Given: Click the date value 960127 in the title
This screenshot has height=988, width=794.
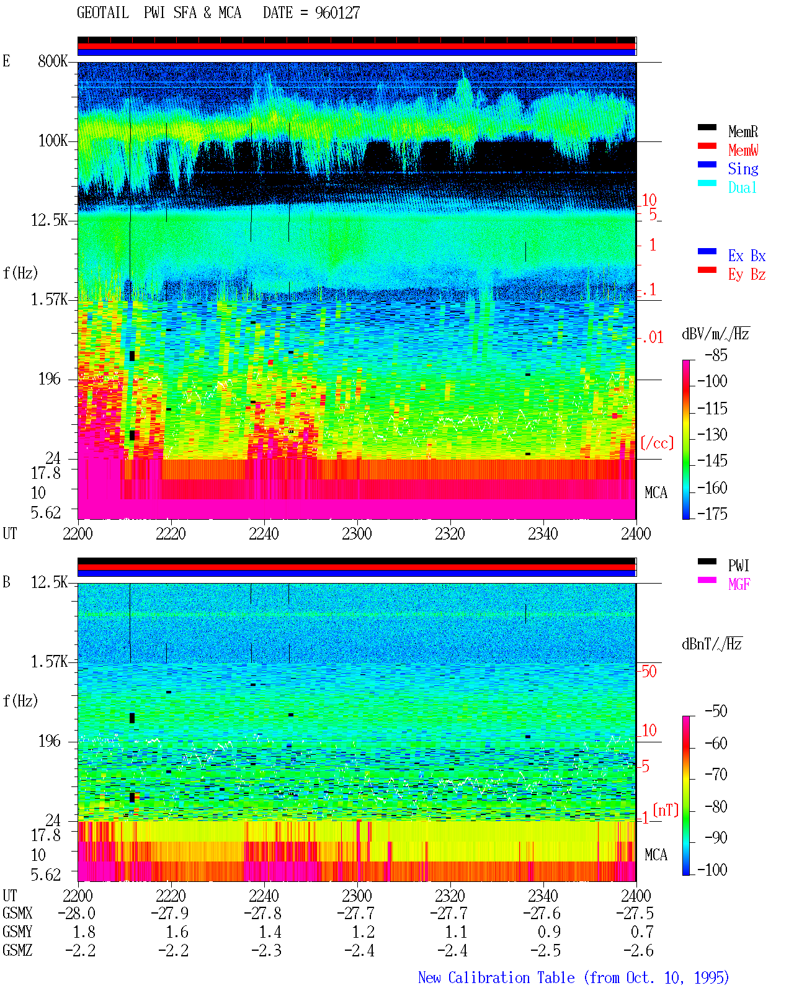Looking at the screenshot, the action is [337, 13].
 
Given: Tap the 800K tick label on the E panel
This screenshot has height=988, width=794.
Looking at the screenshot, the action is [53, 61].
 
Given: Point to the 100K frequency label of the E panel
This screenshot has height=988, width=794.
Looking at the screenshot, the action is [53, 141].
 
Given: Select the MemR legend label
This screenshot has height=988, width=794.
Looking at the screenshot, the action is [743, 131].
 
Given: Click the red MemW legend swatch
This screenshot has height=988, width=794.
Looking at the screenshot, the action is [707, 146].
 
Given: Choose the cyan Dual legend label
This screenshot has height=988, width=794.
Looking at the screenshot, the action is [743, 187].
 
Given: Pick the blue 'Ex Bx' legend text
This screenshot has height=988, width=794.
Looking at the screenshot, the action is [747, 256].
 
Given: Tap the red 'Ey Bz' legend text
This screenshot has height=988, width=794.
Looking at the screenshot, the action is [747, 275].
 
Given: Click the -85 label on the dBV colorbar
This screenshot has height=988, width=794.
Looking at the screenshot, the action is [716, 355].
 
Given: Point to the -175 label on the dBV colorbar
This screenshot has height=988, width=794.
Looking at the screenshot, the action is [712, 514].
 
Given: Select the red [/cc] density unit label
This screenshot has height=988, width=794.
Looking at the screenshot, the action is [657, 443].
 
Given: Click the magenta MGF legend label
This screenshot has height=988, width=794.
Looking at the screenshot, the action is [739, 584].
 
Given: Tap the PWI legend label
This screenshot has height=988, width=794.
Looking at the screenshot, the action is [738, 566].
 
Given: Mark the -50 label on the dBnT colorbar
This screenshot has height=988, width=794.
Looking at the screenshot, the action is [716, 711].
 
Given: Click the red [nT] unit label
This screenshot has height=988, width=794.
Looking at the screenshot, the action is [666, 810].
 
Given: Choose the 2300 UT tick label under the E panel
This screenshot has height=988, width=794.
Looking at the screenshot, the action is [357, 534].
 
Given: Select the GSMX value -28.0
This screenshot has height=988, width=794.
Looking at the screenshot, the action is [77, 914].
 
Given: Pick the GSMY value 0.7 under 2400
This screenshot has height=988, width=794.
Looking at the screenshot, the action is [642, 932].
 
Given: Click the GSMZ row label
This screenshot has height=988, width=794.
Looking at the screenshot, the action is [17, 950].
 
